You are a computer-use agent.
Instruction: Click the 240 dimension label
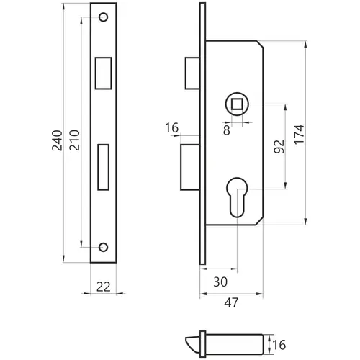[x=57, y=140]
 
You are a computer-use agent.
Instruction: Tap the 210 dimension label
[x=74, y=140]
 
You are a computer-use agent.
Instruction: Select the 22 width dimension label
[x=104, y=287]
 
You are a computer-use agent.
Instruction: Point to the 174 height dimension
[x=299, y=135]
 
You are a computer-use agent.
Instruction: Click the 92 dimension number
[x=279, y=146]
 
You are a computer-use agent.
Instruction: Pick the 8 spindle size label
[x=227, y=130]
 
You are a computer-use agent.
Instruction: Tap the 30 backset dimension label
[x=220, y=282]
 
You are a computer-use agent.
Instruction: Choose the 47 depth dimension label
[x=231, y=302]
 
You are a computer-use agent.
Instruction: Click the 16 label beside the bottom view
[x=279, y=345]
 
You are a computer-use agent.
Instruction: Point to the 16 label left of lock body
[x=172, y=127]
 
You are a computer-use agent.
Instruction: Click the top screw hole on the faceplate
[x=104, y=17]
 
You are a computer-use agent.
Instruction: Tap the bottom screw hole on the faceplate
[x=104, y=247]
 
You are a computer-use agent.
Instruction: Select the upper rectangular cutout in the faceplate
[x=104, y=73]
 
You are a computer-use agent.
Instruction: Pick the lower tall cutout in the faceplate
[x=104, y=167]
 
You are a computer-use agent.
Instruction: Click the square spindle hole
[x=237, y=104]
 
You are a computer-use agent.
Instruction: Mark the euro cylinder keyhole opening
[x=237, y=197]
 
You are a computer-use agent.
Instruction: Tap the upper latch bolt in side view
[x=192, y=73]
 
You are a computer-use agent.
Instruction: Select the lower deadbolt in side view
[x=190, y=167]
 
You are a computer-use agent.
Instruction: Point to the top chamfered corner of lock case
[x=260, y=44]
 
